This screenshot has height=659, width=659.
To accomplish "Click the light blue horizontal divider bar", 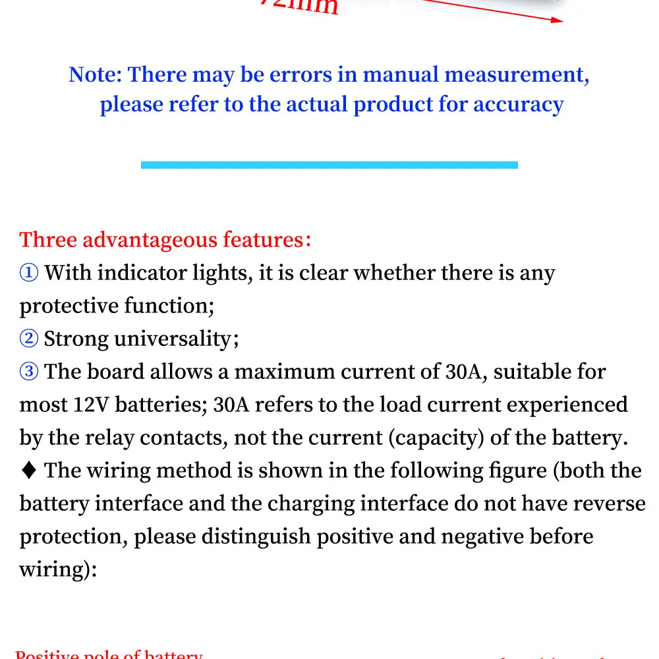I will (x=329, y=165).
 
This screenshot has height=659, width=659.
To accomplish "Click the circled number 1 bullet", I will (x=30, y=273).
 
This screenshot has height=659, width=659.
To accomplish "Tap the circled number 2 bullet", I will (x=30, y=339).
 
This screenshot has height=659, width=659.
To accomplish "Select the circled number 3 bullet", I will (x=30, y=372).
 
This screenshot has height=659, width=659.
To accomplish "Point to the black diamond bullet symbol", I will (x=29, y=471).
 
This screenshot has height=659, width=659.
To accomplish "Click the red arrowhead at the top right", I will (x=558, y=19).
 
